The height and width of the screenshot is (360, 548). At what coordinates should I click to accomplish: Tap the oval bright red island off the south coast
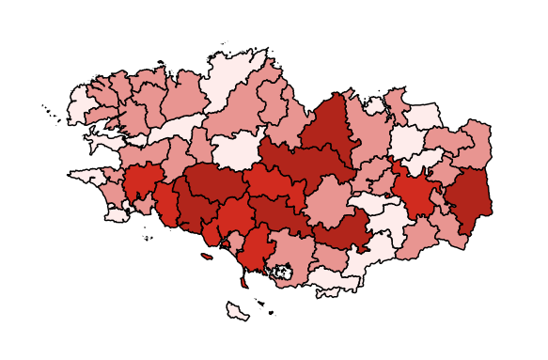tap(207, 256)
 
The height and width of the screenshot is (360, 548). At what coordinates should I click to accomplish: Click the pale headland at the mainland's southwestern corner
tap(118, 214)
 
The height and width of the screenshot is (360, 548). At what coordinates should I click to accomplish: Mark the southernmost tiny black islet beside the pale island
tap(271, 314)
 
